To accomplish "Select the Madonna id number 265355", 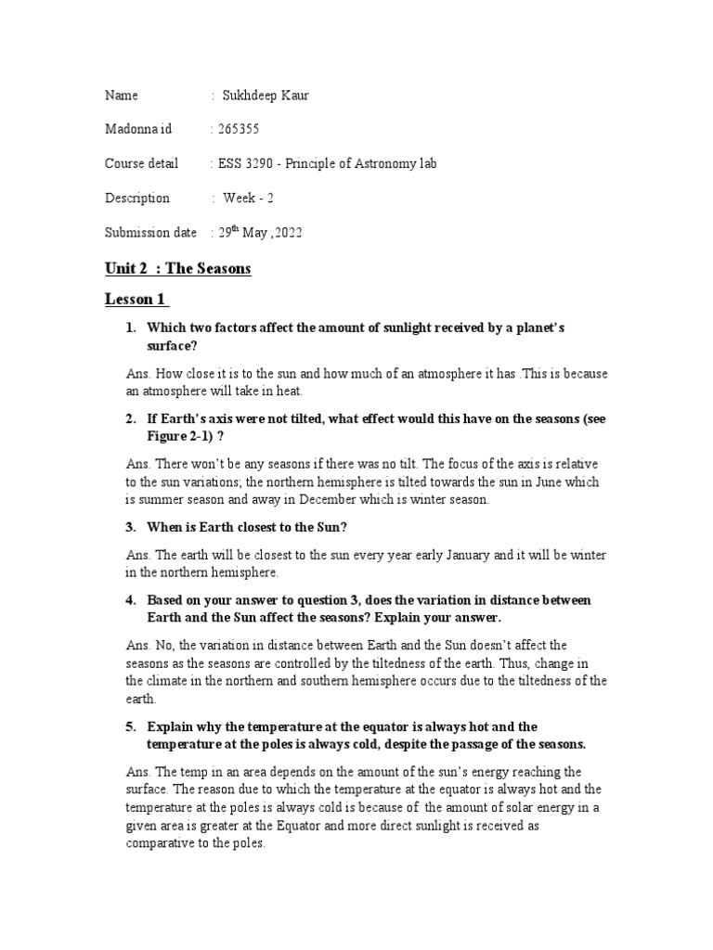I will [237, 129].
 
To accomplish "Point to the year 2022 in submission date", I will [285, 233].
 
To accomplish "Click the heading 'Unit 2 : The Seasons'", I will [177, 269].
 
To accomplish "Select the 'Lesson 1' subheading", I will [136, 300].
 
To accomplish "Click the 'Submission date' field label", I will [150, 233].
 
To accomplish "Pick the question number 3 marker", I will [132, 527].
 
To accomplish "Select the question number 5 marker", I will [132, 725].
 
